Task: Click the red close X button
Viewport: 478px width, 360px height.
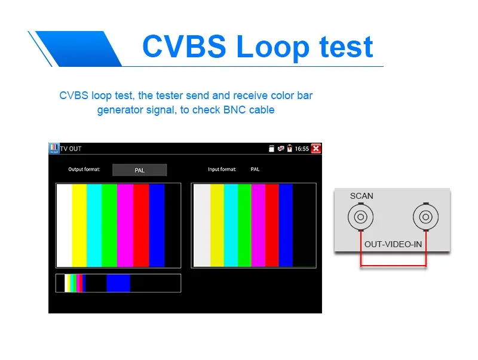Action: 316,149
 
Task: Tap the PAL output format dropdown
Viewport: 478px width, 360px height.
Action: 140,170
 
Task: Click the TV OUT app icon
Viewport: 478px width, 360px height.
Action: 54,148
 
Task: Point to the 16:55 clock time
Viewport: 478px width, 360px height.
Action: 302,149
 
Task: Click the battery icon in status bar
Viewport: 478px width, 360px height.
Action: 289,148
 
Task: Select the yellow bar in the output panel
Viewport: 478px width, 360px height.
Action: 79,226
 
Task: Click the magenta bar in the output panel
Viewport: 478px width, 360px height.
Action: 125,226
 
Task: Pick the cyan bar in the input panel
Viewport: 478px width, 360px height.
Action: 231,226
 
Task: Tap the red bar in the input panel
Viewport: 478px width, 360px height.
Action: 272,226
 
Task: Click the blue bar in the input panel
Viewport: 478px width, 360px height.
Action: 286,226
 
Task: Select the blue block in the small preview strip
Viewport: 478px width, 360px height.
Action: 118,283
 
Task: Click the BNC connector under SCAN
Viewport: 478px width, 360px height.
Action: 361,217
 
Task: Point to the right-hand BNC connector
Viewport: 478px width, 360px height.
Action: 426,217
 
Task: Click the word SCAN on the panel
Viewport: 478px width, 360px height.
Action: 361,196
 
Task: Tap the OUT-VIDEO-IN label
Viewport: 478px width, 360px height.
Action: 393,244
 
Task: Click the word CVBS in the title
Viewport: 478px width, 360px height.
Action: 184,47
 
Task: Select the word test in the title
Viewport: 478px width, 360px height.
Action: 346,47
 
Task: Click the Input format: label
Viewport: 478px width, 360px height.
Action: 222,169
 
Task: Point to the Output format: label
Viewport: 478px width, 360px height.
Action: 84,169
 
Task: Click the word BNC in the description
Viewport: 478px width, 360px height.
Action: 234,110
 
